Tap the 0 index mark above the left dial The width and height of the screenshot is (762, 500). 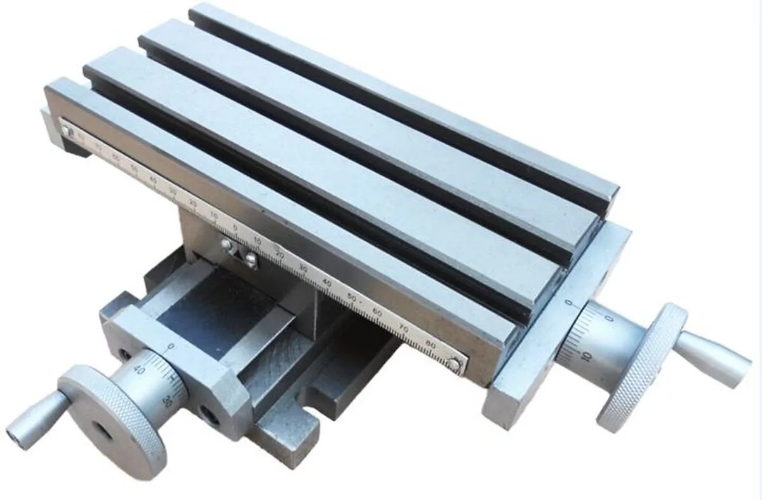pyautogui.click(x=170, y=346)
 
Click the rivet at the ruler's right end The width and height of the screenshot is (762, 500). pyautogui.click(x=453, y=363)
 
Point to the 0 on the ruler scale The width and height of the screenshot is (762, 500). pyautogui.click(x=236, y=227)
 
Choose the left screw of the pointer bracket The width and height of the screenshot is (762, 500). pyautogui.click(x=225, y=243)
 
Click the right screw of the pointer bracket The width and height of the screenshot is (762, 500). pyautogui.click(x=251, y=259)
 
